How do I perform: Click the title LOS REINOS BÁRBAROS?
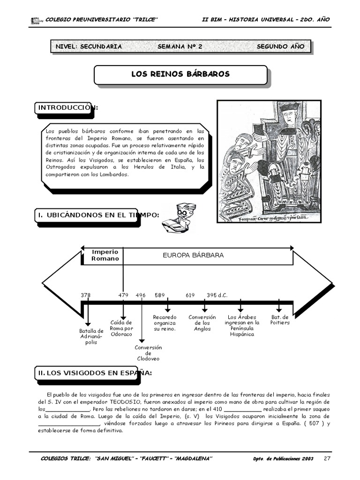pos(180,75)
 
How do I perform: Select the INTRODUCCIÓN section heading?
pos(67,108)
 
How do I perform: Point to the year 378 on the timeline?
pos(85,295)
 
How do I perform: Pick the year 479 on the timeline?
pos(123,295)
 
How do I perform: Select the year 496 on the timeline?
pos(141,295)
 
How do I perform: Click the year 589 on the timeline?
pos(160,295)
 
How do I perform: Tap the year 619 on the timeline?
pos(190,295)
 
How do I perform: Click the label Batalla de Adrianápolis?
pos(91,337)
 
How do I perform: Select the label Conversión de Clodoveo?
pos(148,353)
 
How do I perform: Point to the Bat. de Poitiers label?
pos(280,320)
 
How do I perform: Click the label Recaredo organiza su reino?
pos(165,323)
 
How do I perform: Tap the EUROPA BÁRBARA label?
pos(193,255)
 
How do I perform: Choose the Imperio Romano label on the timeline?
pos(105,255)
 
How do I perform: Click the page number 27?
pos(328,458)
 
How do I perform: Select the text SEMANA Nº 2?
pos(180,46)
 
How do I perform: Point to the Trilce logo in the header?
pos(36,20)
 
